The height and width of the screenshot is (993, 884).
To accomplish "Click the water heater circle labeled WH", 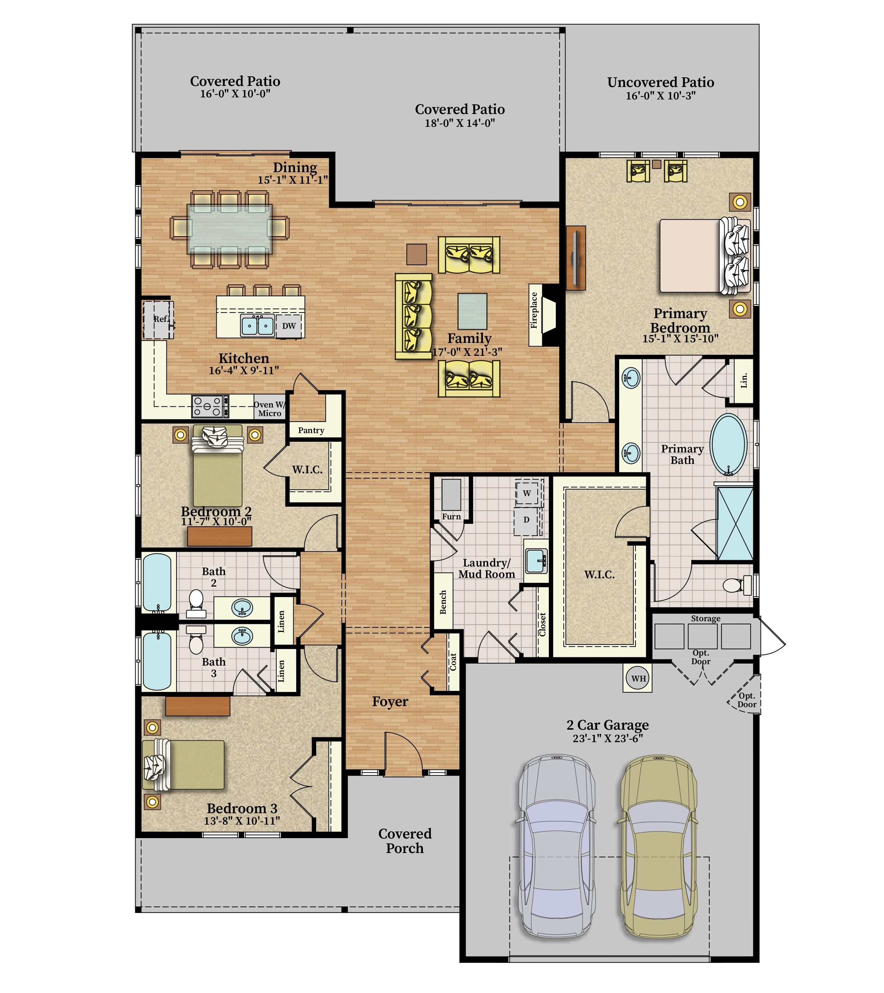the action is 638,678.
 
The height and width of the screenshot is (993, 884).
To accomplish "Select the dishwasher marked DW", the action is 289,326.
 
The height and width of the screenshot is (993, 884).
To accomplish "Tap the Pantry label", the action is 311,430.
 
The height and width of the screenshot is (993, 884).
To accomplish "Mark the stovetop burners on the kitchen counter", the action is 210,406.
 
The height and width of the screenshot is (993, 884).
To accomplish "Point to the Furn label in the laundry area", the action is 451,516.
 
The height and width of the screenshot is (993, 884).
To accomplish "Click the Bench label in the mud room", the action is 443,602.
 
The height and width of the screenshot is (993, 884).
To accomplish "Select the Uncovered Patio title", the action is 660,82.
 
